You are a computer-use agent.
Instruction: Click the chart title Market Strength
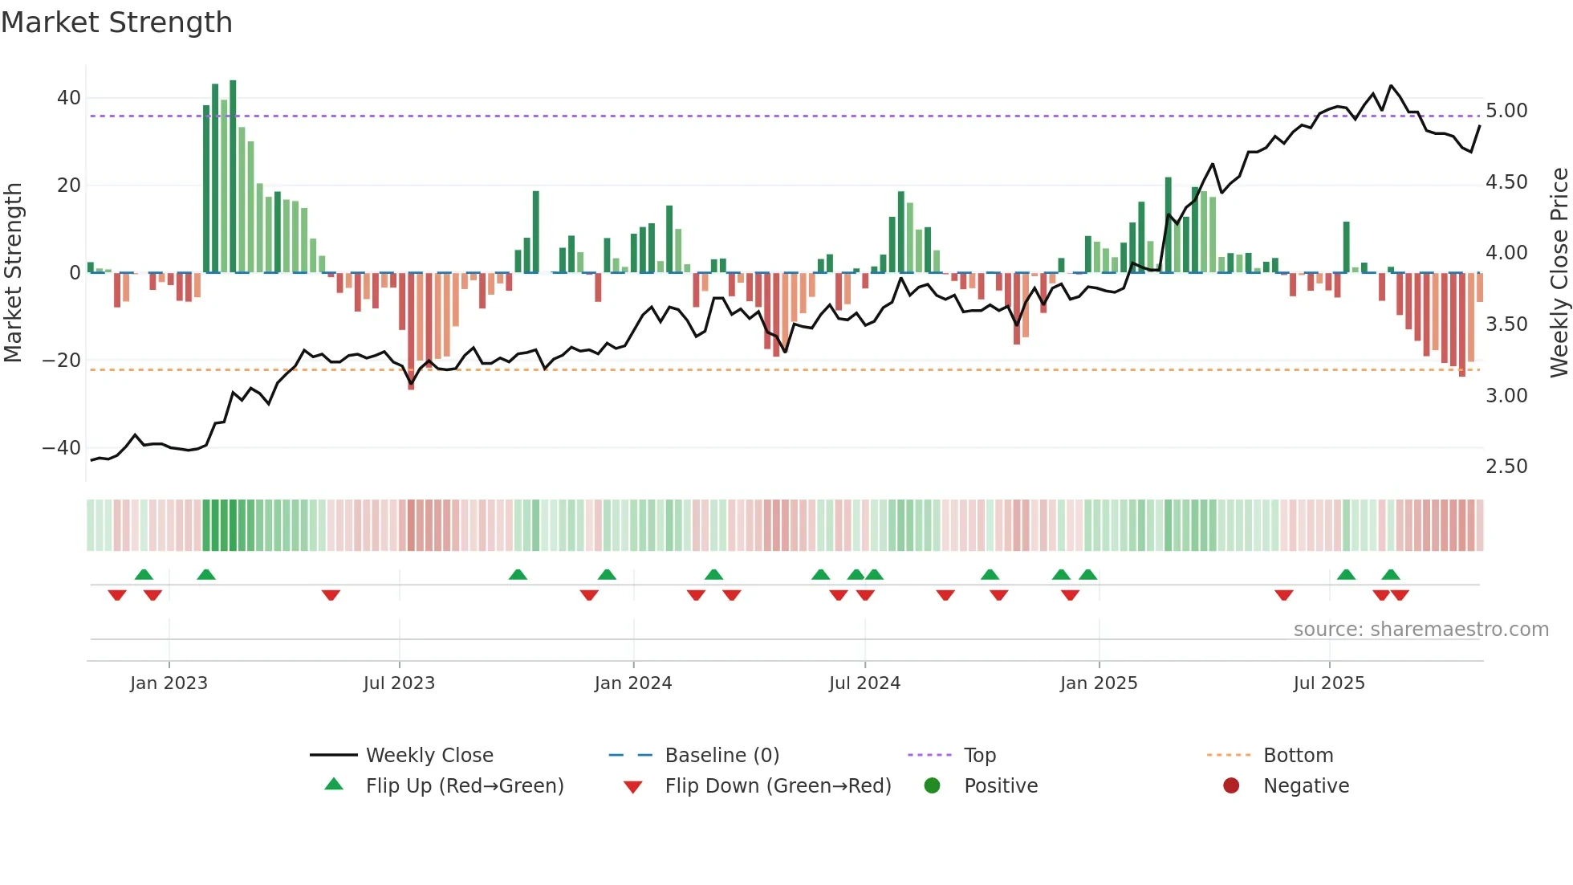[116, 22]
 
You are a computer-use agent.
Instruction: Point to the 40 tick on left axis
[68, 98]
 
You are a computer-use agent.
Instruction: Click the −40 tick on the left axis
[62, 448]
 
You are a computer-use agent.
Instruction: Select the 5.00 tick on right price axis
[1506, 111]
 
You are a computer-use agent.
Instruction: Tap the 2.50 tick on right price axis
[1506, 467]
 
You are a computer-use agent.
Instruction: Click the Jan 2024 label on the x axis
[632, 683]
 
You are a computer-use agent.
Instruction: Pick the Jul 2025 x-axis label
[1328, 683]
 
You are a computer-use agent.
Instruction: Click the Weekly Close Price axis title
[1559, 273]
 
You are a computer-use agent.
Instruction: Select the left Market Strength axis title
[14, 273]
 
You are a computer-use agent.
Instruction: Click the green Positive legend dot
[932, 786]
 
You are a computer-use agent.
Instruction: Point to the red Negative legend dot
[1231, 786]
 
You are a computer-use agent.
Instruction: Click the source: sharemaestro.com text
[1421, 630]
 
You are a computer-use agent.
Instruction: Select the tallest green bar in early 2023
[233, 177]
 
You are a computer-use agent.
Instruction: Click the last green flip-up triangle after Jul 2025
[1391, 575]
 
